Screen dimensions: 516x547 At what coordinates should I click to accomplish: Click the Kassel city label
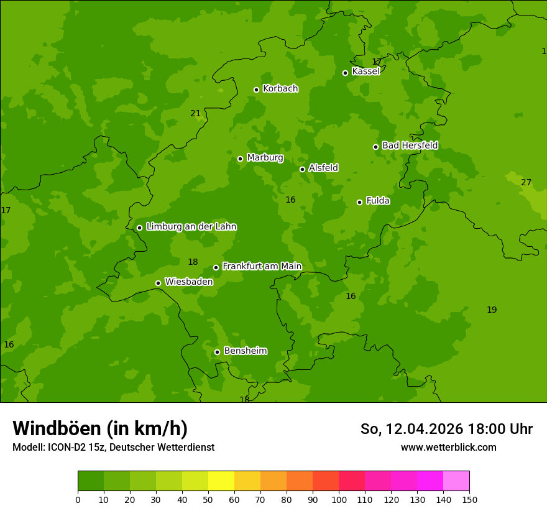point(365,71)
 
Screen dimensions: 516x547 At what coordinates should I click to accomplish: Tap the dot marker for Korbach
point(256,90)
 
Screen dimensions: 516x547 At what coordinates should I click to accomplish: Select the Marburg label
point(265,158)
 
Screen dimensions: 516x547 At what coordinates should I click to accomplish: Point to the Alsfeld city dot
point(302,169)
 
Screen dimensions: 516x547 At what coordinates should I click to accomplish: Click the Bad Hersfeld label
point(410,145)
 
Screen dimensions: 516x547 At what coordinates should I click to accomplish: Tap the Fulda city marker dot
point(359,202)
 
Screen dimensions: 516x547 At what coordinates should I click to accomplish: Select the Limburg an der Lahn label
point(191,227)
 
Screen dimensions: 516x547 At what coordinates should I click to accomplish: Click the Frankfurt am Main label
point(262,266)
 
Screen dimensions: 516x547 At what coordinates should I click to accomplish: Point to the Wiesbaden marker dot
point(158,283)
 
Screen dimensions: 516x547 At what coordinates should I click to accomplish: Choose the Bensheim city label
point(245,351)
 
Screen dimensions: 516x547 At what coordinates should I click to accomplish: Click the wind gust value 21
point(196,113)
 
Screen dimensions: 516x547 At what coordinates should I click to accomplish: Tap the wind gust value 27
point(526,182)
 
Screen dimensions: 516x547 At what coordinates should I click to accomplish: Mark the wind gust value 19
point(492,310)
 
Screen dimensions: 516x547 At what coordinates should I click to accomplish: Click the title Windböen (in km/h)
point(100,428)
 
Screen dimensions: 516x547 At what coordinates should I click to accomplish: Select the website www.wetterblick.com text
point(448,447)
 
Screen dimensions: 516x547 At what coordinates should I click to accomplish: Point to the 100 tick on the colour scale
point(339,499)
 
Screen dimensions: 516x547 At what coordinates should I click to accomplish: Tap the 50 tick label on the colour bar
point(208,499)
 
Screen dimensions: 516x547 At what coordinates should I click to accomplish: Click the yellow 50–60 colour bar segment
point(221,481)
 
